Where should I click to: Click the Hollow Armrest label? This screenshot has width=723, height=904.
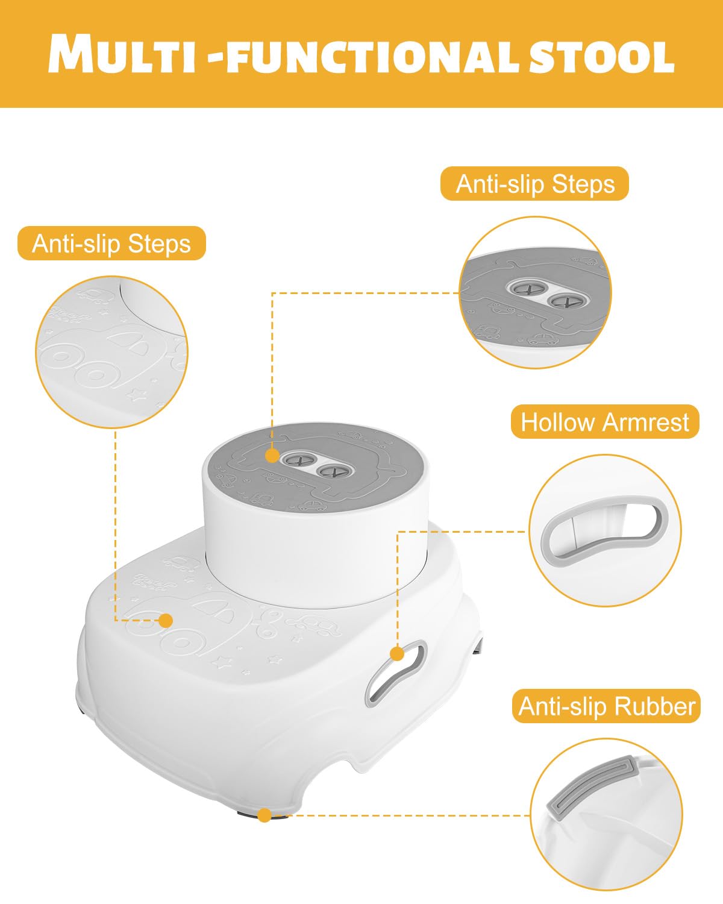click(x=604, y=422)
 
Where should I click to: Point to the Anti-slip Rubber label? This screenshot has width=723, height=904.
click(x=607, y=706)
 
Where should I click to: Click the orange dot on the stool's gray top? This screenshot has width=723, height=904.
click(x=272, y=455)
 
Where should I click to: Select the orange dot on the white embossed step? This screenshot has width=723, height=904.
click(x=166, y=620)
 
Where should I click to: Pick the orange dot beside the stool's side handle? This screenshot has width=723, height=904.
click(x=397, y=654)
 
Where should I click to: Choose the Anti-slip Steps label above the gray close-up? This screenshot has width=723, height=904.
click(x=534, y=184)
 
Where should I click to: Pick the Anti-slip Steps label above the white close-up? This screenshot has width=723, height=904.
click(x=111, y=243)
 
